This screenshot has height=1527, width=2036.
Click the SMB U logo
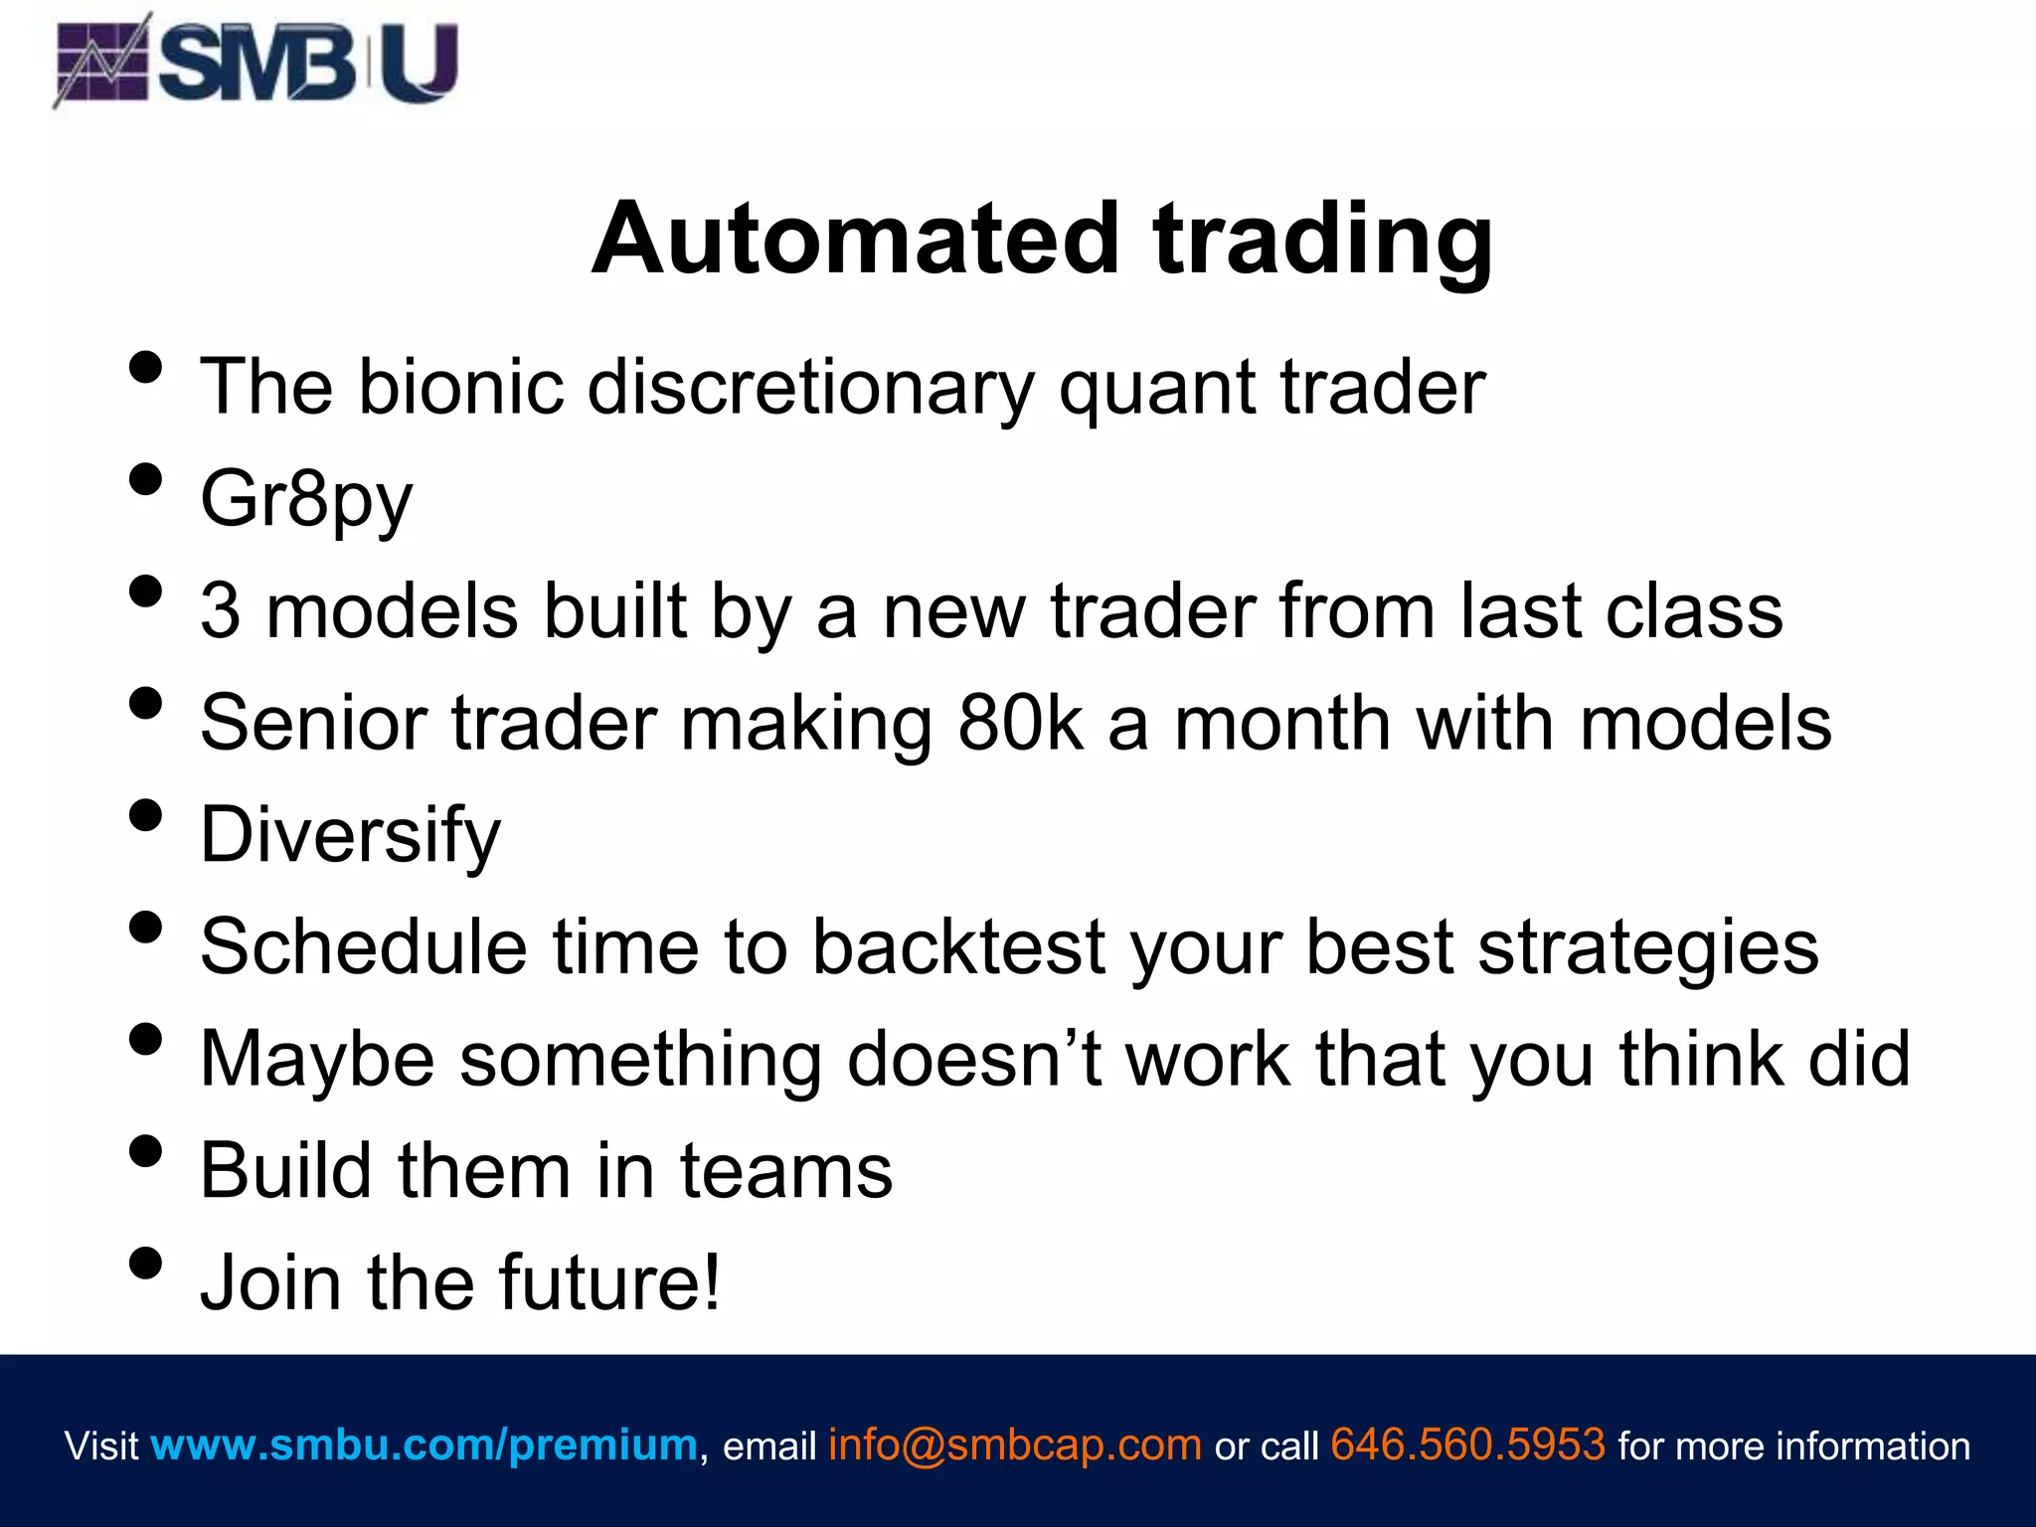click(x=256, y=62)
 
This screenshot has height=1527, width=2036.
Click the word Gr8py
click(x=306, y=500)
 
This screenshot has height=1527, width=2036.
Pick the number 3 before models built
click(x=220, y=610)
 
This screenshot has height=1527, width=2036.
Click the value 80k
click(x=1019, y=723)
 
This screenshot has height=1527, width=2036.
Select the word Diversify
click(x=350, y=835)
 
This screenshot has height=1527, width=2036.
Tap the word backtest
click(x=958, y=946)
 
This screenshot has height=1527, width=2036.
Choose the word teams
click(x=786, y=1171)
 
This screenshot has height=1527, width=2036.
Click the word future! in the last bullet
click(x=609, y=1282)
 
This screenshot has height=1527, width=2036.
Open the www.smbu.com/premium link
click(x=424, y=1444)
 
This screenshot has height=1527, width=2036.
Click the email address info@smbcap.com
click(x=1014, y=1444)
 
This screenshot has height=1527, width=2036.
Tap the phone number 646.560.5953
click(x=1467, y=1444)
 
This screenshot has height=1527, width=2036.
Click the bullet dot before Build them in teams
click(x=145, y=1151)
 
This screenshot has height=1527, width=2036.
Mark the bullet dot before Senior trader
click(x=145, y=703)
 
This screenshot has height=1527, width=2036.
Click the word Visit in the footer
click(x=101, y=1445)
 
